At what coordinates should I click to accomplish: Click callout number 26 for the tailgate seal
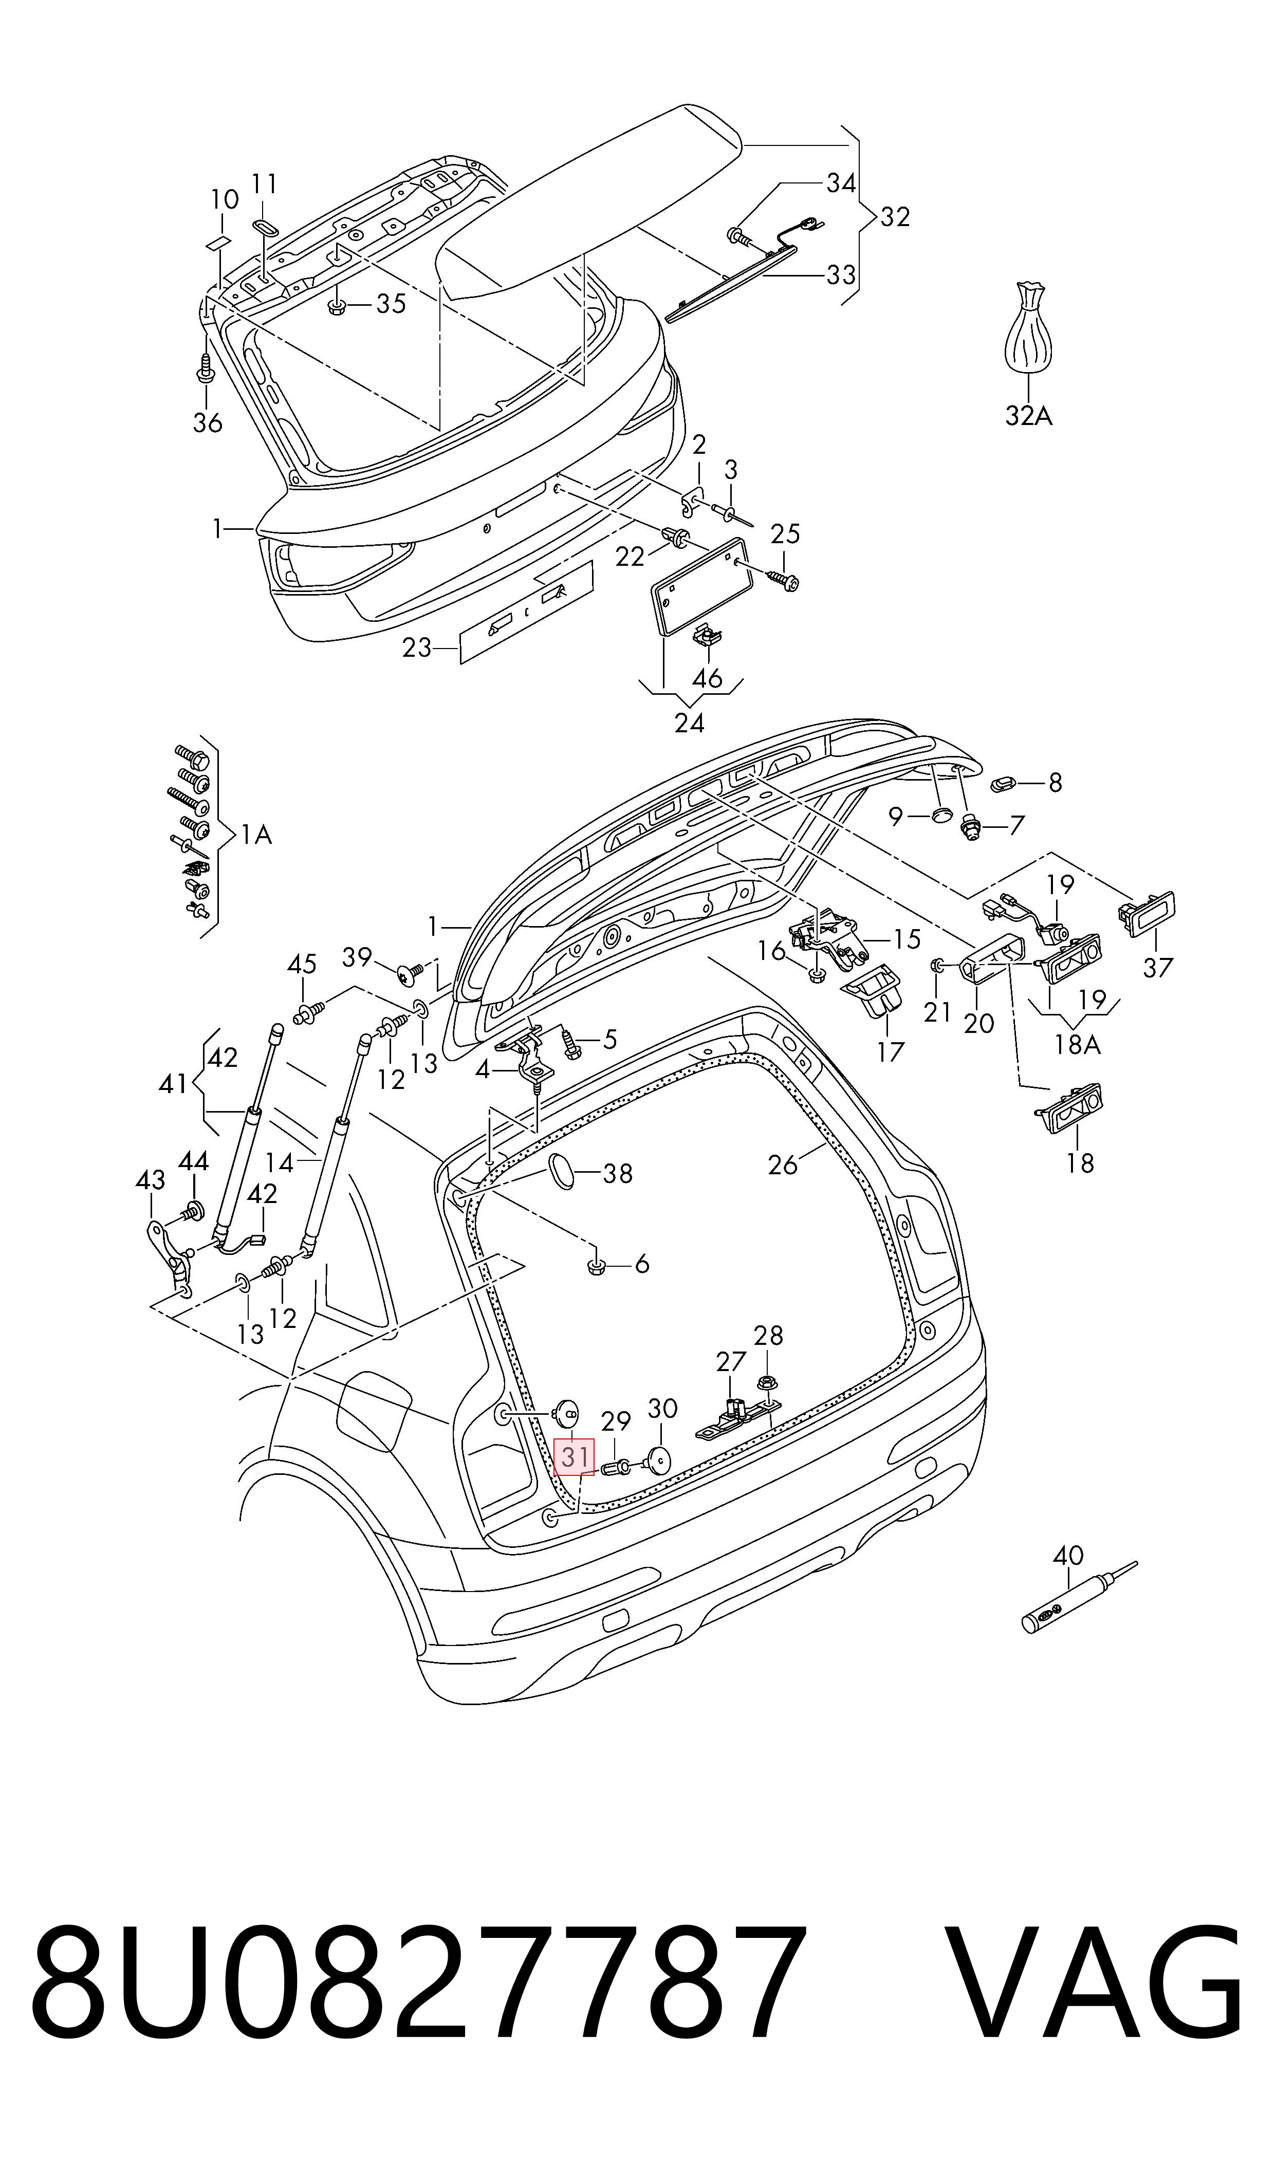pyautogui.click(x=783, y=1165)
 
